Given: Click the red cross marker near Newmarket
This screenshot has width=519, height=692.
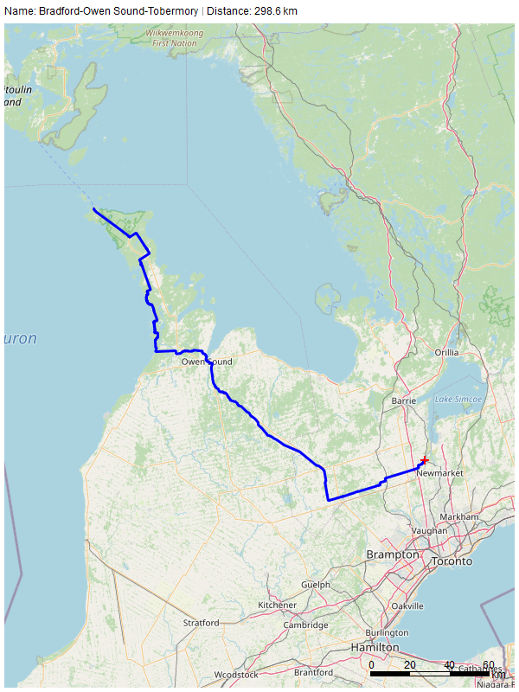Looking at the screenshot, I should [x=424, y=460].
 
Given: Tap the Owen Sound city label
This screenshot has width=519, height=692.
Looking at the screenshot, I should [x=207, y=362].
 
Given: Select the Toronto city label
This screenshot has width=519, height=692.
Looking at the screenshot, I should [x=452, y=561].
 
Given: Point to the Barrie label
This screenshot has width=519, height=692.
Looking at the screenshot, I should [x=404, y=401].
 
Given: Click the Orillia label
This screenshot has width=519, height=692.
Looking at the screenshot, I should [x=446, y=353].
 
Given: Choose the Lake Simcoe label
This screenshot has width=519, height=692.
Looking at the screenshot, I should [x=458, y=399].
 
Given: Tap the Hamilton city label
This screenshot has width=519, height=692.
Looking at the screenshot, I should [x=375, y=647].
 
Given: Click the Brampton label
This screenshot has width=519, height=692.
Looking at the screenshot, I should [x=392, y=554].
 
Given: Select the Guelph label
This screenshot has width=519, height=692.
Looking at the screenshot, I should [x=316, y=585].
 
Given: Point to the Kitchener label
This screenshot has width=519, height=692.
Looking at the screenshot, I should [x=278, y=605].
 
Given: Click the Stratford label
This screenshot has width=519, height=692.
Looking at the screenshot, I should [x=201, y=623].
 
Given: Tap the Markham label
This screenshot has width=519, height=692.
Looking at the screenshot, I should [x=459, y=516].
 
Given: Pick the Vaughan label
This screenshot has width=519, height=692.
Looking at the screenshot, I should [x=430, y=531].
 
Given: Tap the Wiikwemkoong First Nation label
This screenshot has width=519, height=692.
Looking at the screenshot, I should [x=173, y=36].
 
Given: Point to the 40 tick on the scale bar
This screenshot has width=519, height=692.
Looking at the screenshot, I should [x=449, y=664].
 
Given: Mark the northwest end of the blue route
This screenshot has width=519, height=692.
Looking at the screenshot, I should [x=93, y=210].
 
